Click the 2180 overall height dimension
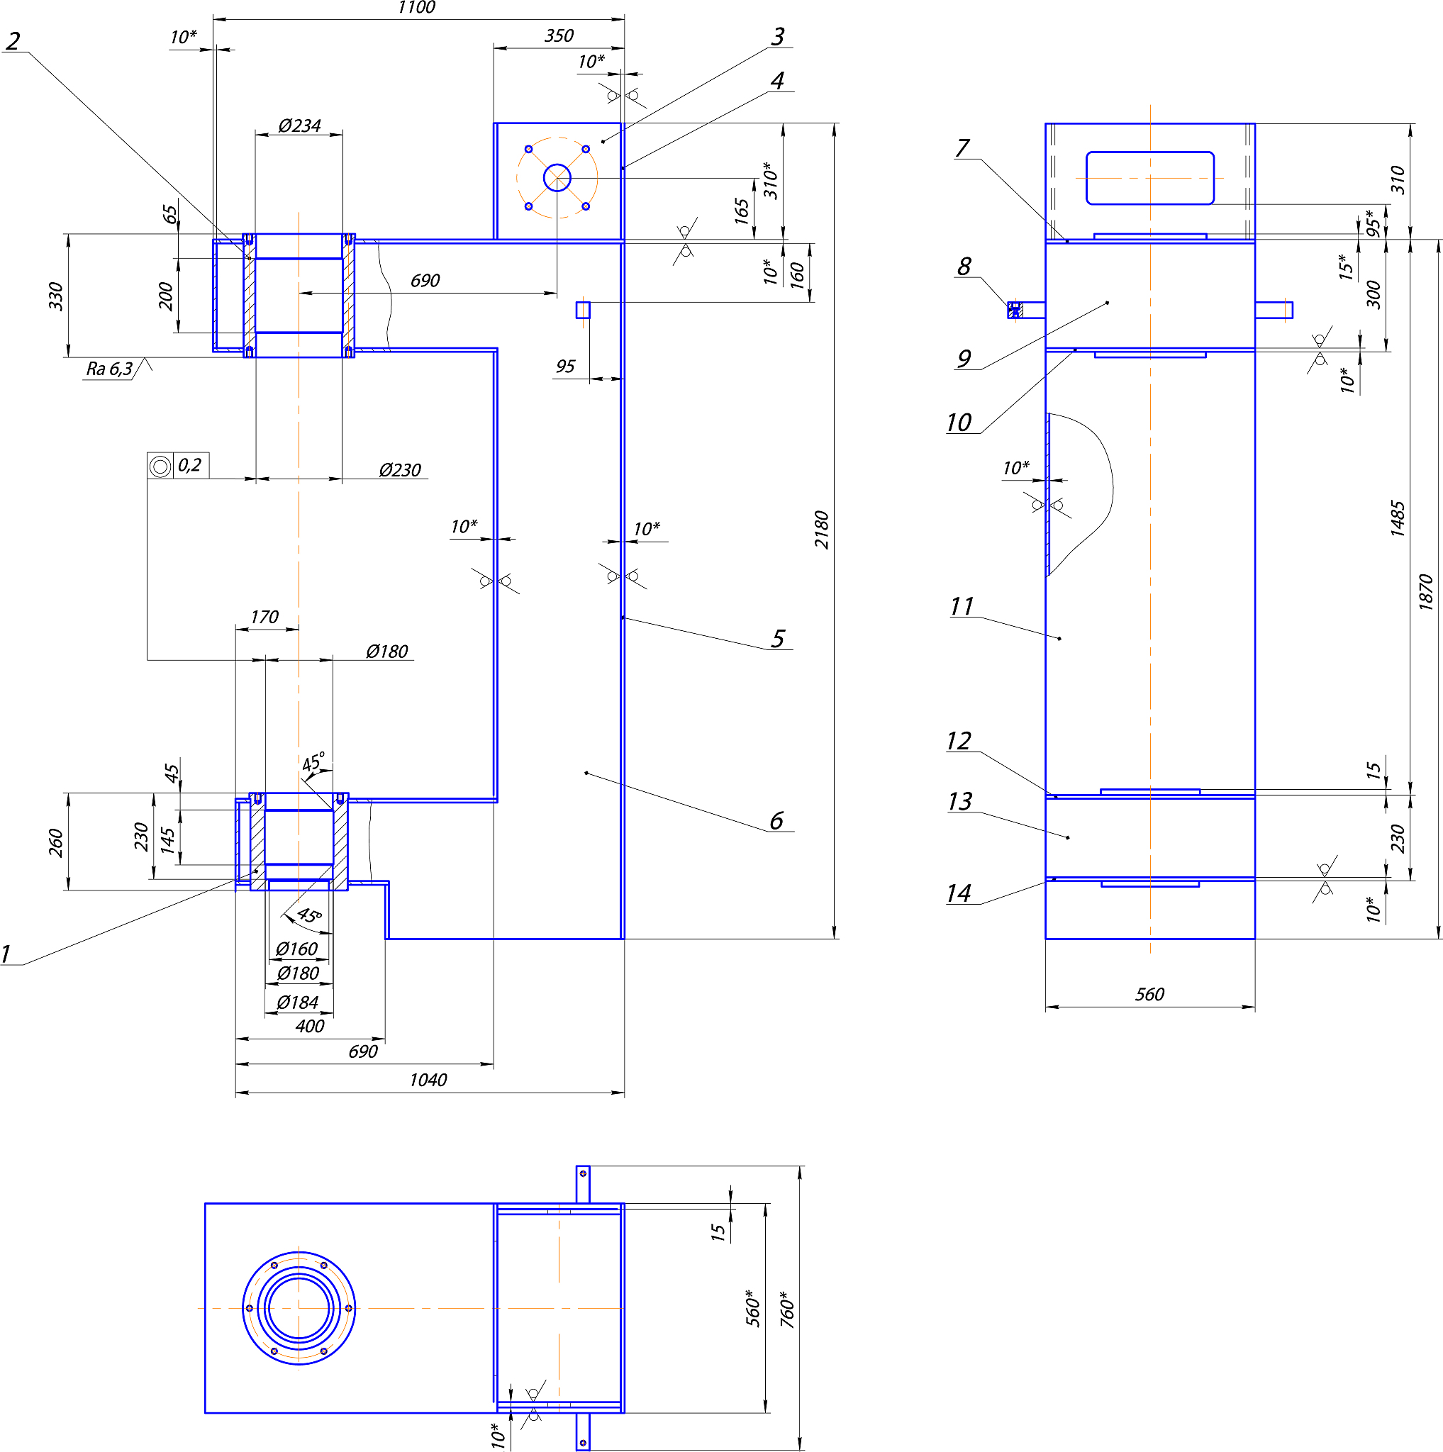click(823, 530)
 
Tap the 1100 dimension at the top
click(416, 9)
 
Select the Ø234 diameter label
click(299, 125)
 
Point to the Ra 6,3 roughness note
click(110, 369)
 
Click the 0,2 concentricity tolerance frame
click(178, 466)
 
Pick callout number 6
click(776, 821)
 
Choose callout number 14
click(959, 893)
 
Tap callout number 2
click(13, 41)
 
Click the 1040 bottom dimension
click(428, 1080)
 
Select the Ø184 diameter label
click(298, 1003)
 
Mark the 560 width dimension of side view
click(1149, 994)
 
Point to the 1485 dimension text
click(1397, 518)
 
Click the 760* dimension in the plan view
click(787, 1309)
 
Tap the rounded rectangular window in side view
click(1150, 178)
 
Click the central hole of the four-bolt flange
click(557, 178)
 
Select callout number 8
click(964, 267)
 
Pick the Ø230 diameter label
click(400, 471)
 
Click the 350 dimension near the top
click(559, 36)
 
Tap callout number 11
click(962, 606)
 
